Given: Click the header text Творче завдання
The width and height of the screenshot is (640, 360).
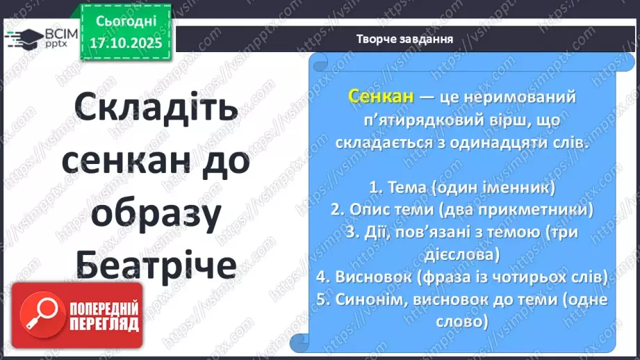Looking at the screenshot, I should click(x=404, y=39).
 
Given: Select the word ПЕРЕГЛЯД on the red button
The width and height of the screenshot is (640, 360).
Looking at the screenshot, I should click(x=104, y=325).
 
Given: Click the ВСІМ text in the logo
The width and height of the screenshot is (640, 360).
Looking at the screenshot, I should click(x=58, y=32).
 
